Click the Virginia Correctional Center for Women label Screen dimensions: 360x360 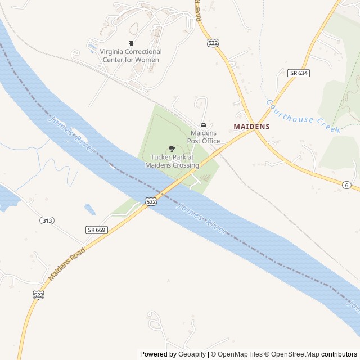(130, 55)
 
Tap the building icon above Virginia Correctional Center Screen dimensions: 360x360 (130, 43)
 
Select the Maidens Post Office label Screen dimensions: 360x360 (203, 137)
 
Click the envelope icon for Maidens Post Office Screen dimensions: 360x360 (203, 124)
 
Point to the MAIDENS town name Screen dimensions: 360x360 (251, 127)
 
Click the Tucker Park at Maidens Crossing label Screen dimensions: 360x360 (172, 161)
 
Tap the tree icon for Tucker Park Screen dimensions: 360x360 (172, 149)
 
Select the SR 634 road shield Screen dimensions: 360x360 (298, 73)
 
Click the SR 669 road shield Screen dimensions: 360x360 (97, 229)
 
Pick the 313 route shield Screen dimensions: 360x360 (47, 220)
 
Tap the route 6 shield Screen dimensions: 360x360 (347, 184)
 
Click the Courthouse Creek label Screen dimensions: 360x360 (303, 116)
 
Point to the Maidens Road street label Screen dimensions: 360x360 (66, 264)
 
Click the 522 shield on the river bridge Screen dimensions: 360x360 (151, 201)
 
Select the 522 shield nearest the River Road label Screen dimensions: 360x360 (213, 43)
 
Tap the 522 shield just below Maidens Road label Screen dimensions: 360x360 (38, 295)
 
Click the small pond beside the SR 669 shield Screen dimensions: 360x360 (90, 210)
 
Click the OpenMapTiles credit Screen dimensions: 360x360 (240, 354)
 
